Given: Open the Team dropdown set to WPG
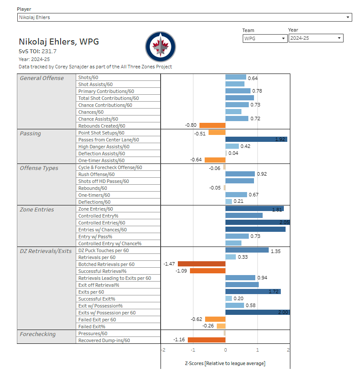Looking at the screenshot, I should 265,38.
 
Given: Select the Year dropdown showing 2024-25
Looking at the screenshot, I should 315,38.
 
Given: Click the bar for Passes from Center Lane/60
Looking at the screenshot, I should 256,139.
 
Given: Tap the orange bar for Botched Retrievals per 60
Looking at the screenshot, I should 202,264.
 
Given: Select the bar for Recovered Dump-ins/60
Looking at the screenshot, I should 206,340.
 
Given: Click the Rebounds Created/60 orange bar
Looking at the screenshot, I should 212,125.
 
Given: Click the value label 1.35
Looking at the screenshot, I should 276,250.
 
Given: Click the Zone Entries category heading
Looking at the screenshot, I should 37,209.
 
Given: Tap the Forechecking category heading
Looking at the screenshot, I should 38,334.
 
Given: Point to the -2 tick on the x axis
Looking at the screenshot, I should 162,350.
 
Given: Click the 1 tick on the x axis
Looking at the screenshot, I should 257,350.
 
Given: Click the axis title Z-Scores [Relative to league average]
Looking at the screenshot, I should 225,363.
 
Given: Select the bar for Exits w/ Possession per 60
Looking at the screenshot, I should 257,312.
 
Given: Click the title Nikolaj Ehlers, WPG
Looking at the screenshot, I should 59,42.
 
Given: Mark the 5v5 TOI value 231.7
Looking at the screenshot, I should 48,51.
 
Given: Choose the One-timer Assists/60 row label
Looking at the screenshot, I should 101,160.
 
